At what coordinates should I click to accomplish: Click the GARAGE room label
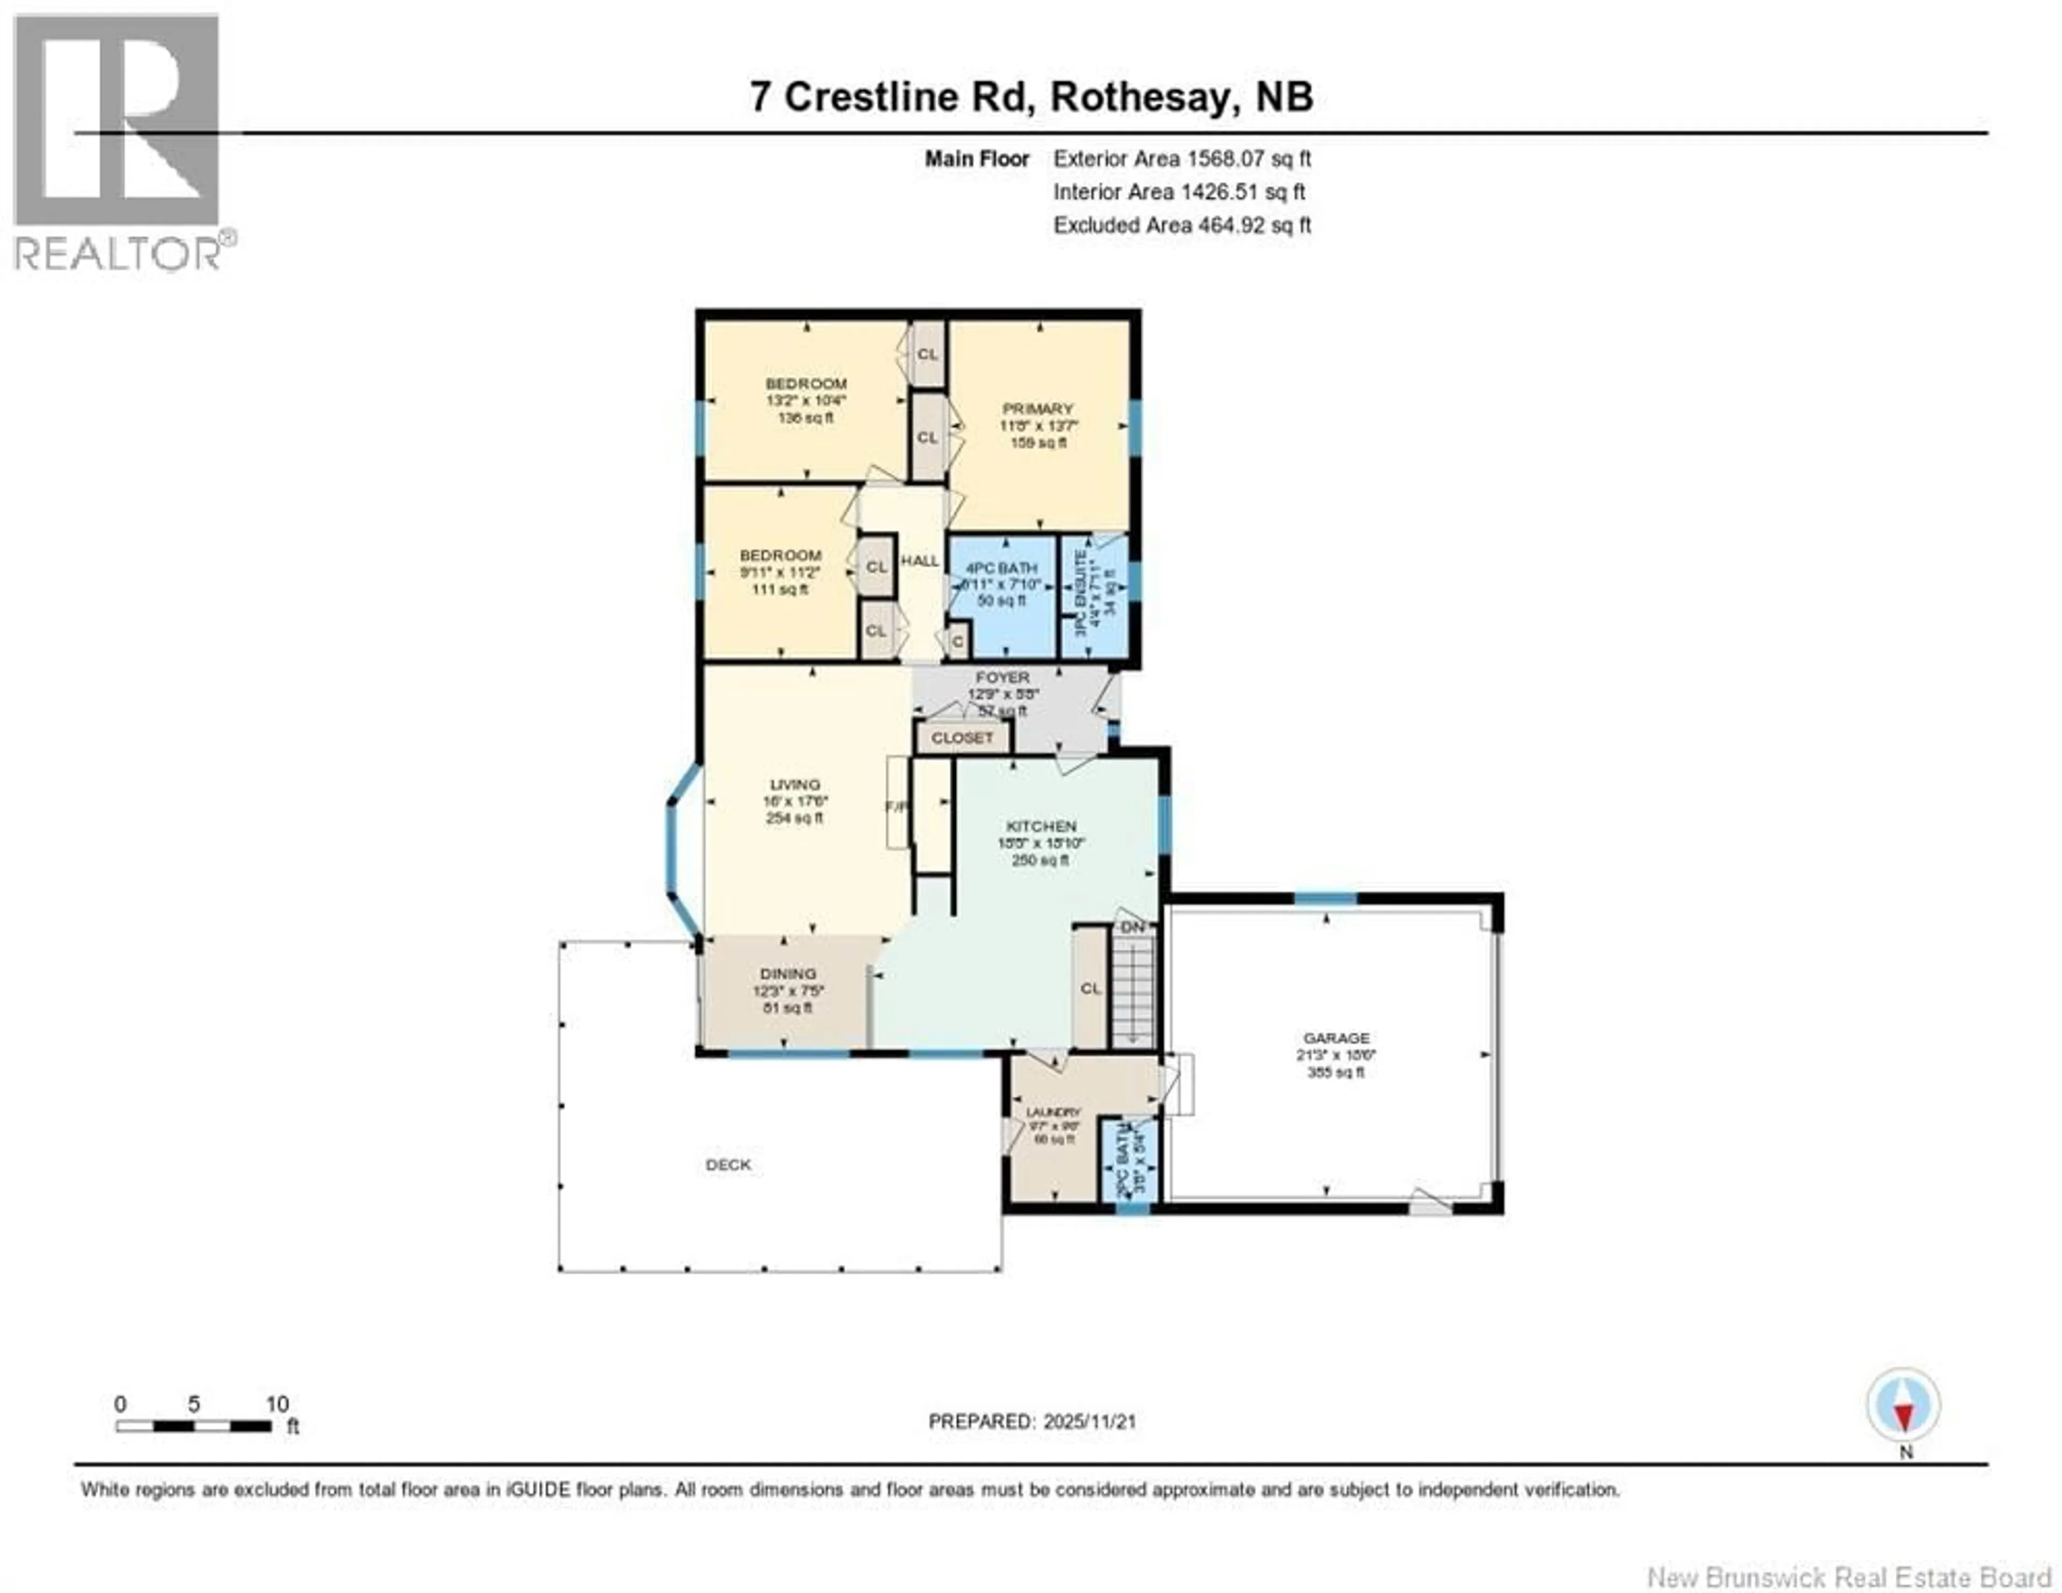coord(1335,1038)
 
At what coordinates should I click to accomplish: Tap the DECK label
coord(728,1165)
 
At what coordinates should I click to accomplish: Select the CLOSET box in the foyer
coord(962,738)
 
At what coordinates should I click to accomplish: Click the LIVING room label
coord(795,785)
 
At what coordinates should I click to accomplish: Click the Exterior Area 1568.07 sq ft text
coord(1182,158)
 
